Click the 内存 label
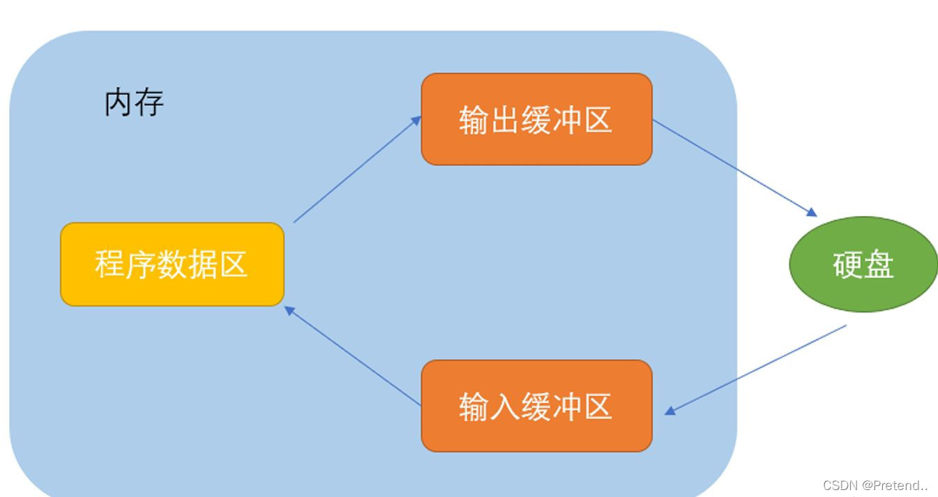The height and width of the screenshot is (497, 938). click(x=134, y=103)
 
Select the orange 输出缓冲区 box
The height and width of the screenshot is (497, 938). click(x=536, y=119)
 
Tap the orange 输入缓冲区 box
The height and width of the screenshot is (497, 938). click(x=536, y=406)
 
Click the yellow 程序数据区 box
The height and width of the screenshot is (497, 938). click(x=172, y=264)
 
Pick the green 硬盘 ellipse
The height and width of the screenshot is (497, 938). click(x=863, y=264)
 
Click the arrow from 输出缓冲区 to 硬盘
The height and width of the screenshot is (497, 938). click(x=734, y=167)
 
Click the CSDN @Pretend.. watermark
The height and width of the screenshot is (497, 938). click(x=875, y=485)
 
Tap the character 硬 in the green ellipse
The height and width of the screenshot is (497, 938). click(x=847, y=265)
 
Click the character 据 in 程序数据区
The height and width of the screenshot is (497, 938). click(x=202, y=265)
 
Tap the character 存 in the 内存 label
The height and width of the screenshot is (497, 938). click(x=149, y=103)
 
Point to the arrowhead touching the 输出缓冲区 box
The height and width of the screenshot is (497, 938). click(x=417, y=120)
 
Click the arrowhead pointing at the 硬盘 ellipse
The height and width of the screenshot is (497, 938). click(x=812, y=213)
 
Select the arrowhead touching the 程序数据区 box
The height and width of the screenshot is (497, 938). click(x=289, y=310)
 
